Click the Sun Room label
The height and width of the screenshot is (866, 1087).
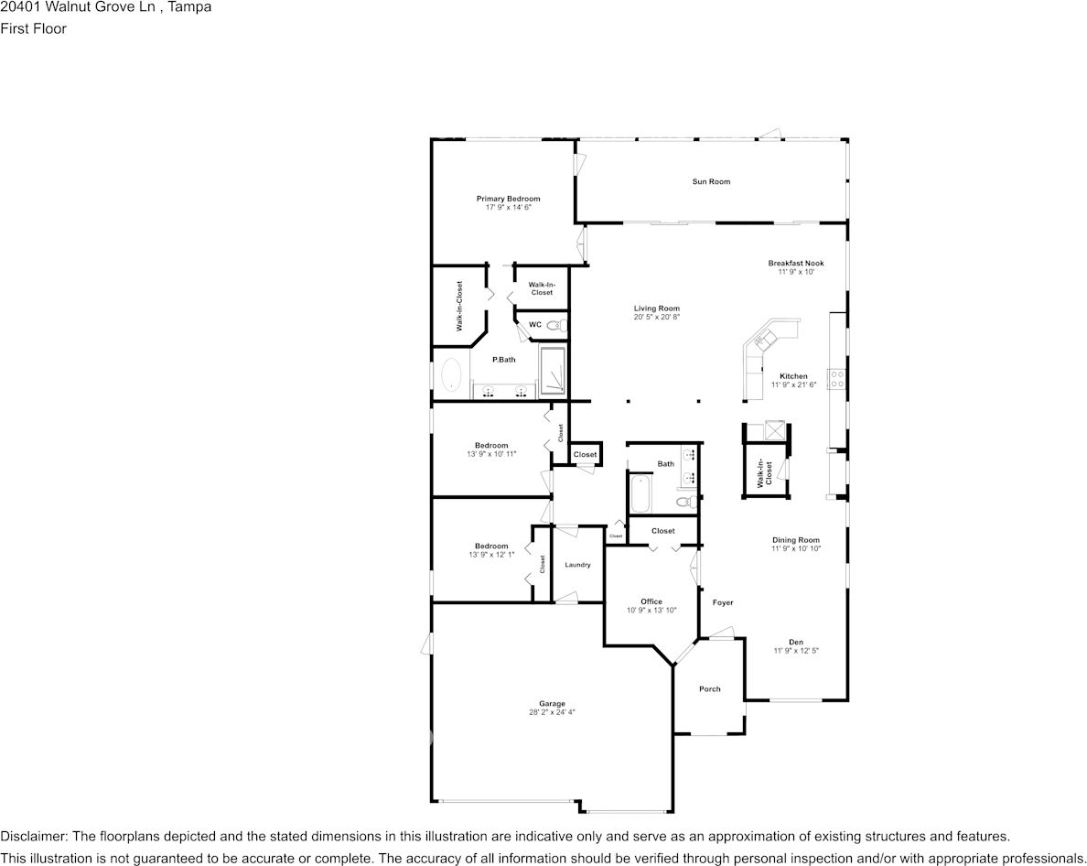click(711, 181)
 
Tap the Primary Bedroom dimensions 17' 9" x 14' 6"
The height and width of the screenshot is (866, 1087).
click(508, 208)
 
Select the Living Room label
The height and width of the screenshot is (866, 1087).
click(656, 309)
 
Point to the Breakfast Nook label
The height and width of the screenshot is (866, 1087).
click(795, 264)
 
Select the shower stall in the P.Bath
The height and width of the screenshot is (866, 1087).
click(553, 371)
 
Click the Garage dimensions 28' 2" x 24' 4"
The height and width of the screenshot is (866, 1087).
click(552, 712)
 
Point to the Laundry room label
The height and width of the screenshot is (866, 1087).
click(577, 565)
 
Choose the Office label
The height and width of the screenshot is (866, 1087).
click(651, 601)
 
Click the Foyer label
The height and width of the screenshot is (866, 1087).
click(723, 602)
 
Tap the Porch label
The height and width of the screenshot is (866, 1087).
click(709, 689)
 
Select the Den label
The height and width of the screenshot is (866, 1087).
click(795, 642)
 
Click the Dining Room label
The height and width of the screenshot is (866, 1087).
click(795, 540)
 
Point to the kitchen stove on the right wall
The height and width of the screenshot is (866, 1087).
click(835, 379)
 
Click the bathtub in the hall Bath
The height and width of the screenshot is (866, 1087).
click(639, 494)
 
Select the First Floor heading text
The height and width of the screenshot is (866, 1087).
click(33, 28)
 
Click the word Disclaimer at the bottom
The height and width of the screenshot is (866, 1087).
click(33, 836)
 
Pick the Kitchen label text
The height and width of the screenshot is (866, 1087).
click(793, 376)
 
